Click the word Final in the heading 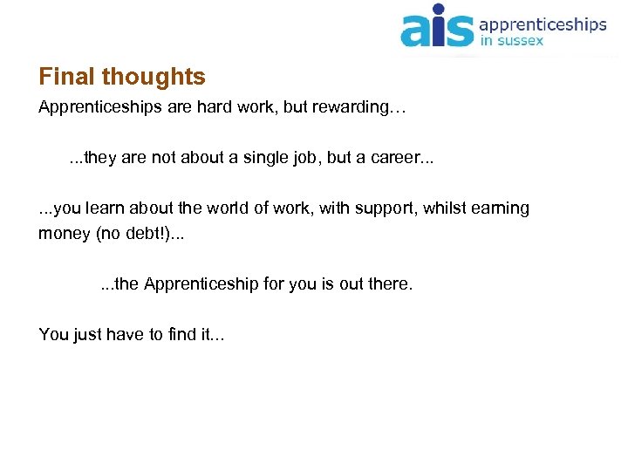(x=67, y=77)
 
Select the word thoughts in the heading (x=154, y=77)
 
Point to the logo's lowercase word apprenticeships (x=543, y=24)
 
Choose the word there (x=389, y=284)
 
